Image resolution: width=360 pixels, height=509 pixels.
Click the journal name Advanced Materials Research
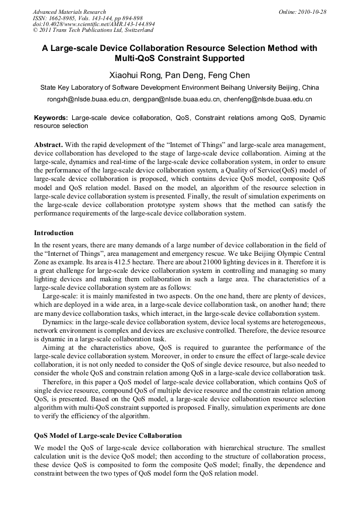[x=69, y=12]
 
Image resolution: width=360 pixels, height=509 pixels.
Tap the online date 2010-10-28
[x=312, y=12]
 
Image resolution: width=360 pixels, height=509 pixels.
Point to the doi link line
[x=94, y=24]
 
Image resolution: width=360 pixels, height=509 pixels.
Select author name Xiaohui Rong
[x=136, y=75]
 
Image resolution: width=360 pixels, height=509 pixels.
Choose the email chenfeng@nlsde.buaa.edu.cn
[x=267, y=99]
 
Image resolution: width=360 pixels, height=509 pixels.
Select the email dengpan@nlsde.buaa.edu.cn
[x=177, y=99]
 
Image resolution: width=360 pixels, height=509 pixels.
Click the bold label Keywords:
[x=51, y=118]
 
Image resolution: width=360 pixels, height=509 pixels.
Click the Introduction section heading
[x=54, y=233]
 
